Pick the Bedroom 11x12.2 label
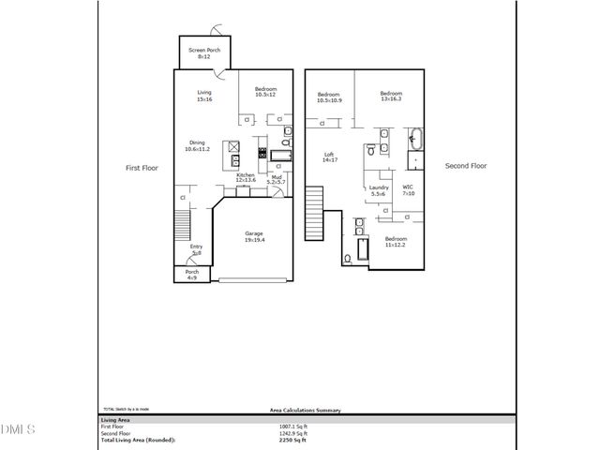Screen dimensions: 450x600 pos(397,241)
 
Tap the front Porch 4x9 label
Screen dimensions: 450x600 pos(191,275)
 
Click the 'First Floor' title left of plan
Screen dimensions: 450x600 pos(144,168)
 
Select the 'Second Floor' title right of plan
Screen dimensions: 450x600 pos(466,166)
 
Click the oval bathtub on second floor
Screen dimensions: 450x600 pos(415,142)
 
